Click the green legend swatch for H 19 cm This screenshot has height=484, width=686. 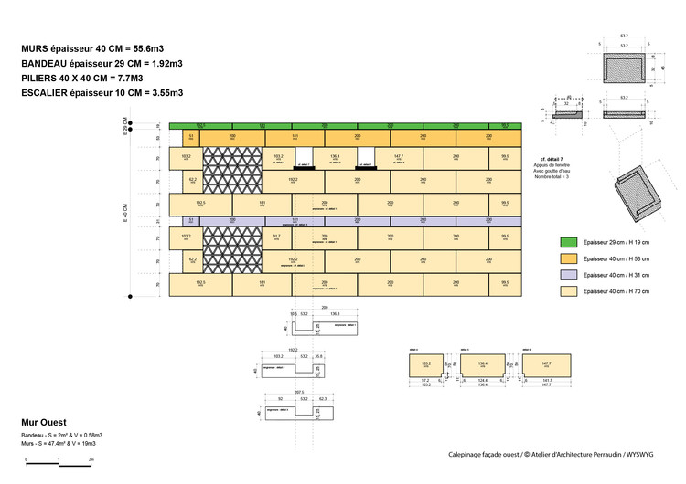pos(572,242)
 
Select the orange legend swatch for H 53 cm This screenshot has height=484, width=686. pos(572,258)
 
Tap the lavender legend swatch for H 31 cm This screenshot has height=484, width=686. pos(572,274)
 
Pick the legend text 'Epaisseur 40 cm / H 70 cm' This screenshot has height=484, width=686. pos(623,290)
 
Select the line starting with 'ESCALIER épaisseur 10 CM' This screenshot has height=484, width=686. pos(102,93)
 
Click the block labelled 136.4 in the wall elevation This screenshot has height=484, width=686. pos(335,156)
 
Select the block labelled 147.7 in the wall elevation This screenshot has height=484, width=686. pos(398,158)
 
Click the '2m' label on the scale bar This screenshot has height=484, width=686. pos(91,458)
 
